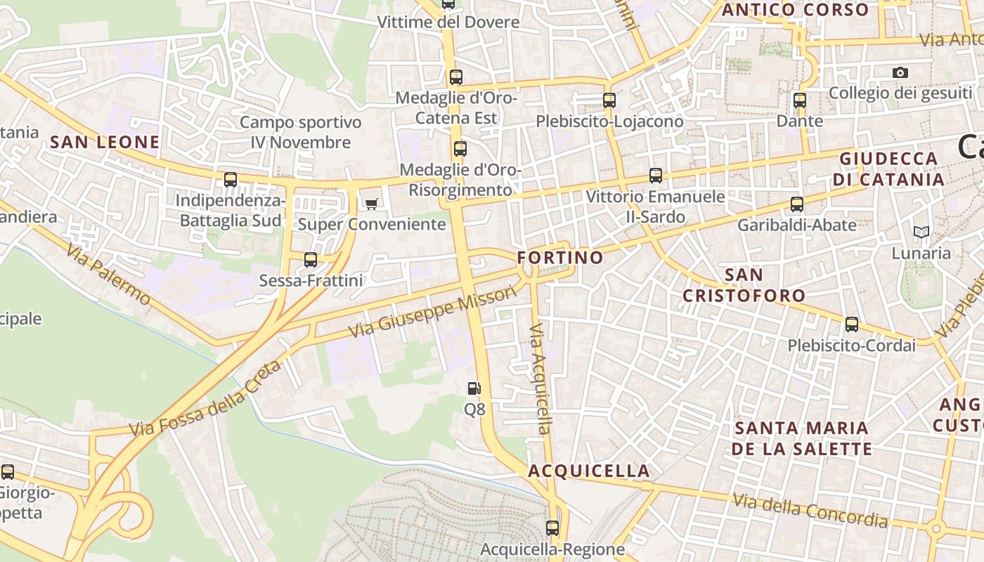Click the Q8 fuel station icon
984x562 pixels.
(x=474, y=388)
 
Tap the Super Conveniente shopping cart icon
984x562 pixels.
(x=371, y=204)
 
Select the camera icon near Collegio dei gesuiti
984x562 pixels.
(x=900, y=72)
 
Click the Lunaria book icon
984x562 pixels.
(x=921, y=232)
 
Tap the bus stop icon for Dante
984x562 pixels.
(x=800, y=100)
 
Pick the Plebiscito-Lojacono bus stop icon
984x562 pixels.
(x=609, y=100)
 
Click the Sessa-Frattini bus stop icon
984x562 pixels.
(x=311, y=260)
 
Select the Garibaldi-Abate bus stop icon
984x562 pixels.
(x=796, y=204)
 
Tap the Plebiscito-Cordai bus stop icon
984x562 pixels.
(x=852, y=325)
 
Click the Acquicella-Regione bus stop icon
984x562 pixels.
(x=552, y=528)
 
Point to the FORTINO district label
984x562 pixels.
(x=560, y=258)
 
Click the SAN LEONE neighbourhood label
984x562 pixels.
(x=105, y=143)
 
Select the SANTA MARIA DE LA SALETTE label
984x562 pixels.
(x=801, y=438)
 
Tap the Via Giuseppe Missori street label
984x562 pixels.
(x=433, y=311)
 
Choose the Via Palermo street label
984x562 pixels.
(x=109, y=274)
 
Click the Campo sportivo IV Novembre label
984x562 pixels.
(x=301, y=132)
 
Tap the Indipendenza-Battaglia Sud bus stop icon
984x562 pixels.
(x=231, y=180)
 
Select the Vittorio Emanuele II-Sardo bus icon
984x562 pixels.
(x=656, y=176)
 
